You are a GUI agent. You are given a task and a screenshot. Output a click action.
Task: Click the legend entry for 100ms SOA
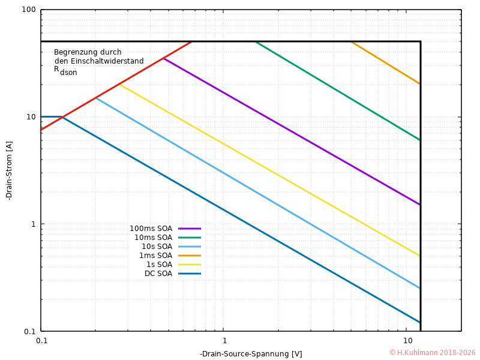pos(151,229)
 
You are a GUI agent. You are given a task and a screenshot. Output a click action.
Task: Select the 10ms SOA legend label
pos(153,238)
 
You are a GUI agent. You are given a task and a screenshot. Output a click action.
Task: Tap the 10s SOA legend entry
pos(157,247)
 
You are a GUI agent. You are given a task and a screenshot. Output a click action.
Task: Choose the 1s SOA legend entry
pos(159,265)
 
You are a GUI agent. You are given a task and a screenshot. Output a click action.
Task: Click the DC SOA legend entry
pos(158,274)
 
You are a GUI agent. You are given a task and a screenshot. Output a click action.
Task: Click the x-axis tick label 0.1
pos(41,341)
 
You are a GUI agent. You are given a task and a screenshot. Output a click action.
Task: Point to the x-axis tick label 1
pos(224,341)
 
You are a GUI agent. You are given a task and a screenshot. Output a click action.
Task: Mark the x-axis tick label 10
pos(406,341)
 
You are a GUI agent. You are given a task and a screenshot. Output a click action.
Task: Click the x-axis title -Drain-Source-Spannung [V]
pos(251,354)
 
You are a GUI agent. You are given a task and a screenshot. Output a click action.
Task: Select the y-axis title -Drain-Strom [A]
pos(9,171)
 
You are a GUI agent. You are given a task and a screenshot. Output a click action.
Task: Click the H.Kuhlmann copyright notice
pos(432,353)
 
